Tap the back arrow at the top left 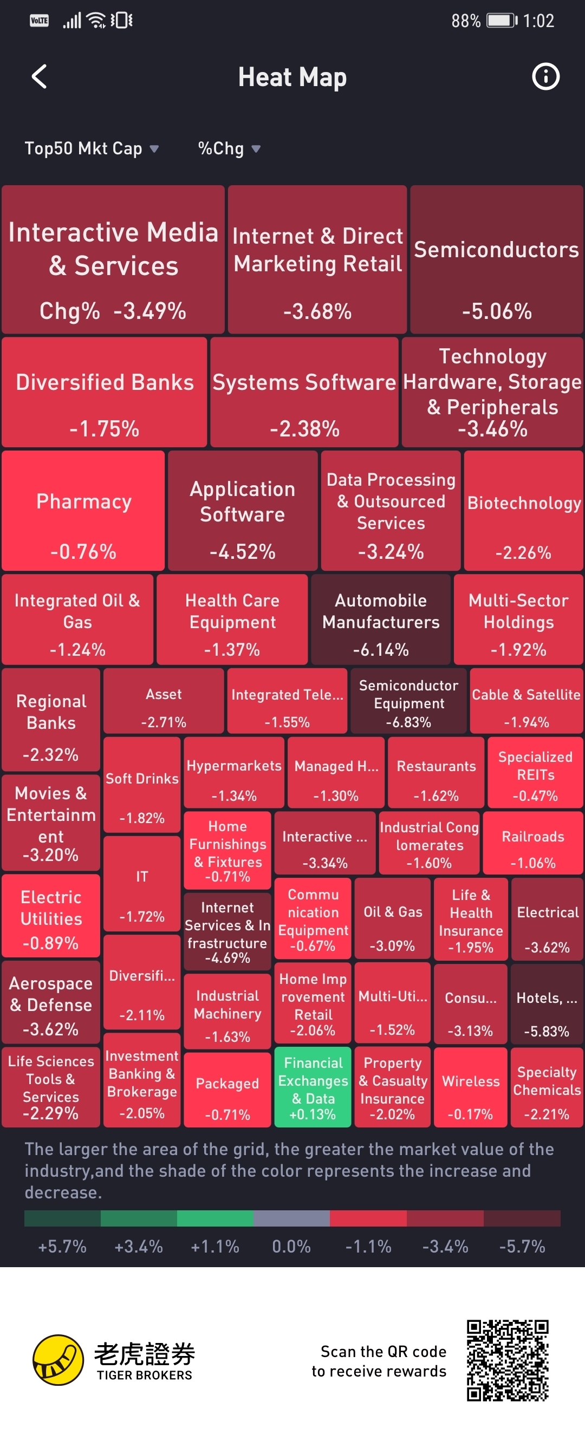click(x=39, y=77)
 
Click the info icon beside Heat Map click(x=545, y=77)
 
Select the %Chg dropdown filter click(x=229, y=148)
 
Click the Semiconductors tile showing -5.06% click(x=496, y=259)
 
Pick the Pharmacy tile click(x=83, y=511)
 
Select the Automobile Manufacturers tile click(x=381, y=619)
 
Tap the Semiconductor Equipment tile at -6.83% click(x=408, y=701)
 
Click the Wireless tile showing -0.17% click(x=470, y=1086)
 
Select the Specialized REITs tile click(x=535, y=772)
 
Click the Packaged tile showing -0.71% click(x=227, y=1090)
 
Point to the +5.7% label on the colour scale click(x=62, y=1246)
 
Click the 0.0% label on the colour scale click(x=291, y=1246)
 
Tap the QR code click(x=507, y=1360)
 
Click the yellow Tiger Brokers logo click(x=58, y=1360)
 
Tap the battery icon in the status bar click(x=502, y=21)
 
